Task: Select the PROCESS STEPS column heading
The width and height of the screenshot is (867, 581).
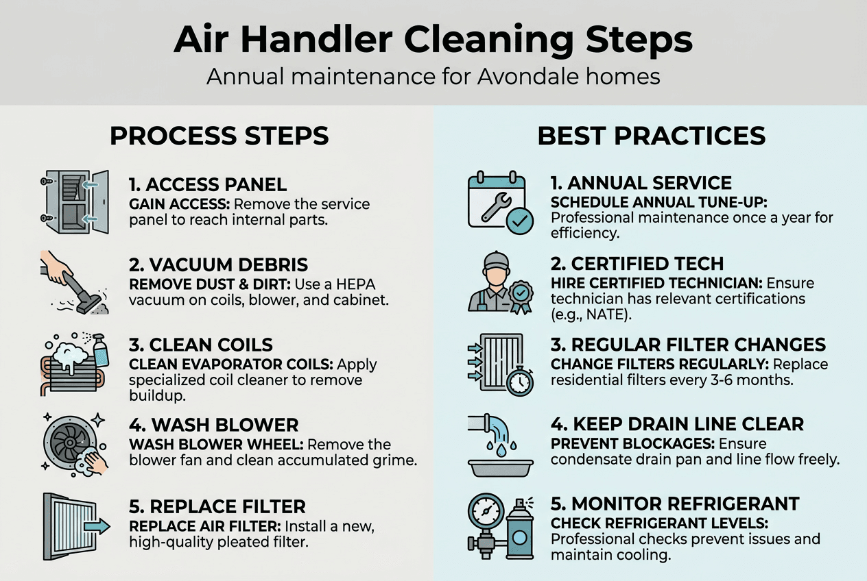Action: click(219, 136)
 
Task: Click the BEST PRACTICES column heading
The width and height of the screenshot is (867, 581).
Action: click(652, 136)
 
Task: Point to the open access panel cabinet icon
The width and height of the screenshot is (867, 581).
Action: click(75, 202)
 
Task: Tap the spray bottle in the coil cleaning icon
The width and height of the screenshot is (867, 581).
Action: click(101, 351)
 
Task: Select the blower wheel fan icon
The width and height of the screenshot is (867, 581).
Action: click(71, 442)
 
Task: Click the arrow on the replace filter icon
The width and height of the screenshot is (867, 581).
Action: click(97, 526)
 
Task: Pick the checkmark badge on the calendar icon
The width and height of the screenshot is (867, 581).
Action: click(520, 221)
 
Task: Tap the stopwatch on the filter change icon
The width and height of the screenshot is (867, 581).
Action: click(520, 381)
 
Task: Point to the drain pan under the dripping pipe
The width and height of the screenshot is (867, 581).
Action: click(501, 468)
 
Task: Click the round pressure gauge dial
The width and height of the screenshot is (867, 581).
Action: click(486, 511)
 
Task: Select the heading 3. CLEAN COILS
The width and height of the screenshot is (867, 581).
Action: click(200, 345)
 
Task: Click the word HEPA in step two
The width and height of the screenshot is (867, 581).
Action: click(355, 284)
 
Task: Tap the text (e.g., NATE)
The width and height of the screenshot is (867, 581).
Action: click(591, 314)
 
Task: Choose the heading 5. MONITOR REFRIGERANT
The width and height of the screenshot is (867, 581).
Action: click(675, 504)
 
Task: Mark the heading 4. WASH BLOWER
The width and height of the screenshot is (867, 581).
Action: click(213, 425)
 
